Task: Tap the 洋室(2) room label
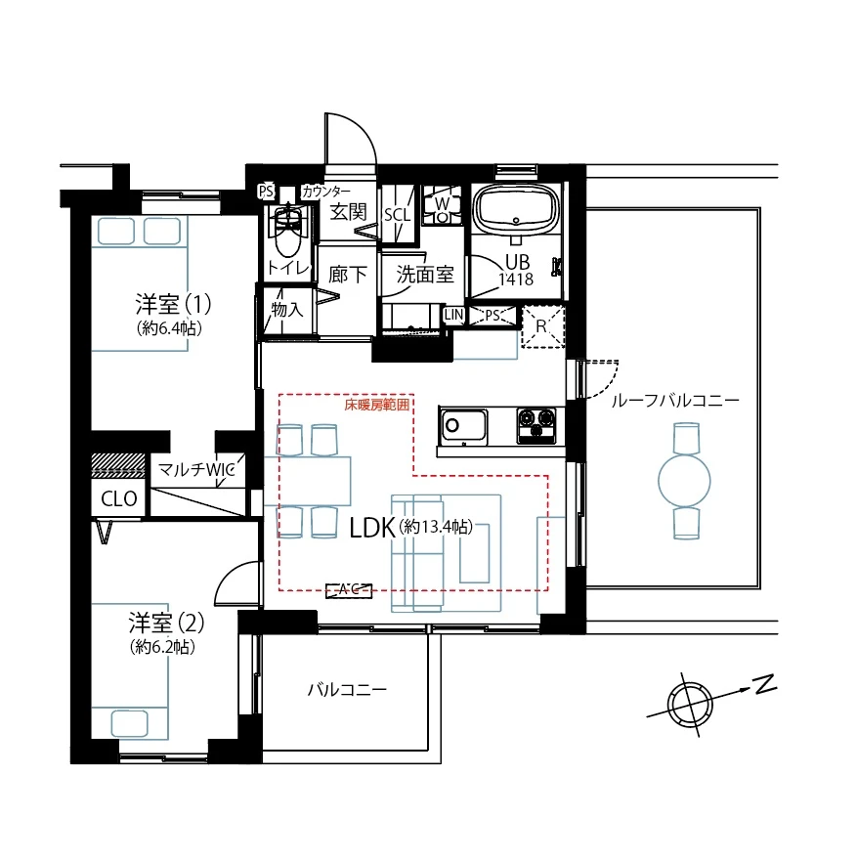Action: (x=166, y=622)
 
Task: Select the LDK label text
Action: (x=371, y=528)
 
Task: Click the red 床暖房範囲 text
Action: (x=377, y=403)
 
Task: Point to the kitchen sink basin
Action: (x=463, y=426)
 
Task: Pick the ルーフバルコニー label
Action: (x=674, y=401)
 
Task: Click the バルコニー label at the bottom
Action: (x=347, y=689)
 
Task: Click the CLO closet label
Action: (x=118, y=498)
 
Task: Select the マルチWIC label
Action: (x=196, y=470)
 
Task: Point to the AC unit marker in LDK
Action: (x=348, y=588)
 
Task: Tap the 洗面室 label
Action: (x=425, y=275)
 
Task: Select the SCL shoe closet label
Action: (x=397, y=215)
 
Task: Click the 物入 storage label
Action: (x=286, y=309)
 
